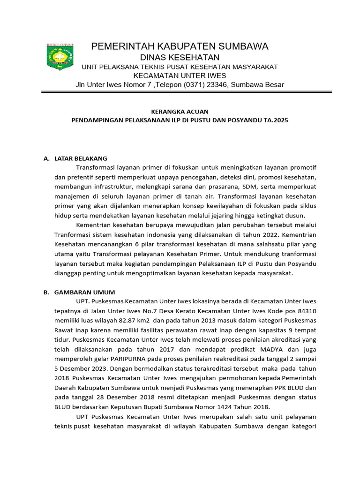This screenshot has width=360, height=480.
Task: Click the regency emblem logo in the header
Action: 60,57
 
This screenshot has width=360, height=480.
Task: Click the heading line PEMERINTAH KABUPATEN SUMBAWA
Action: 180,46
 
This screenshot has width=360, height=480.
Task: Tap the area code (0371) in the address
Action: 188,85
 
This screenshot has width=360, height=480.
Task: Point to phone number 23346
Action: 214,85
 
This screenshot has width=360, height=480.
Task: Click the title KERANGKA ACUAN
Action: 180,111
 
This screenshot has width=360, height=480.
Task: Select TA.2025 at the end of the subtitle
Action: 276,120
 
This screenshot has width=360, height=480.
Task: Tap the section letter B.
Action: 46,292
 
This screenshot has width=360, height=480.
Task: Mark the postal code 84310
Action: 307,311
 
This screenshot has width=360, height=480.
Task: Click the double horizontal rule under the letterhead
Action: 186,93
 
